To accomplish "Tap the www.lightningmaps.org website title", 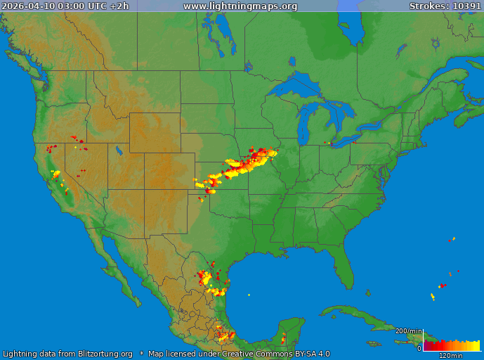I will point(240,6).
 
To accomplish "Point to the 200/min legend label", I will point(409,331).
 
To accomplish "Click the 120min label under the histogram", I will point(450,355).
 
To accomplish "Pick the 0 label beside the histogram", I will point(419,347).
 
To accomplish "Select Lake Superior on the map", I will point(299,83).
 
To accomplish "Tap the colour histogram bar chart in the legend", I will point(451,345).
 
